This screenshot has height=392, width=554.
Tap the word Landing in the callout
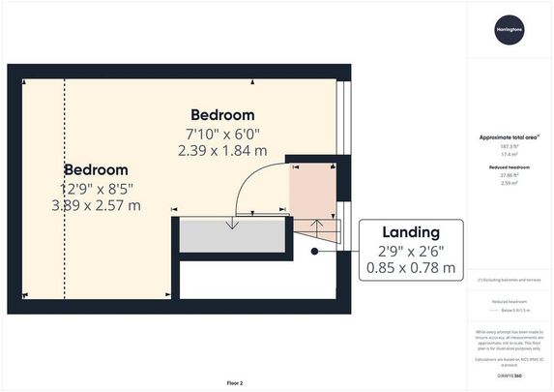pyautogui.click(x=411, y=232)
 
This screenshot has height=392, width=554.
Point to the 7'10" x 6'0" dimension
pyautogui.click(x=222, y=134)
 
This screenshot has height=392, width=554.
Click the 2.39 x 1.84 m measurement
pyautogui.click(x=222, y=150)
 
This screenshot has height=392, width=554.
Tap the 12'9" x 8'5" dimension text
pyautogui.click(x=96, y=188)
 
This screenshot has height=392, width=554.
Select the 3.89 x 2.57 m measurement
pyautogui.click(x=96, y=205)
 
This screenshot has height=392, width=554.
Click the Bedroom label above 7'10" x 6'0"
pyautogui.click(x=222, y=114)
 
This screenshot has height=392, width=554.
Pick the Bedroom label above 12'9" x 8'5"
pyautogui.click(x=96, y=168)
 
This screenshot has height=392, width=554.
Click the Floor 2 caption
pyautogui.click(x=234, y=383)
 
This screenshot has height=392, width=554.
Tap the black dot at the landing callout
pyautogui.click(x=314, y=252)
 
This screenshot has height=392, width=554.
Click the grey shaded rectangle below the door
pyautogui.click(x=231, y=235)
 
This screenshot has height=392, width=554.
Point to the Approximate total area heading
pyautogui.click(x=510, y=138)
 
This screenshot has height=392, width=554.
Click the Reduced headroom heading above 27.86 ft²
pyautogui.click(x=510, y=167)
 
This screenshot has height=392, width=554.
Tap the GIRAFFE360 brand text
pyautogui.click(x=510, y=374)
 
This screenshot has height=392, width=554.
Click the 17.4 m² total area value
pyautogui.click(x=510, y=153)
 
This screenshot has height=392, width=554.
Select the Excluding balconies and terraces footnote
pyautogui.click(x=510, y=280)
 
